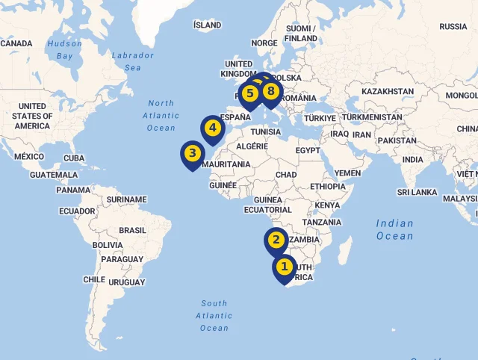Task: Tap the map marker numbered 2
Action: (x=276, y=240)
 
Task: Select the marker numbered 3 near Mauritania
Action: (x=192, y=155)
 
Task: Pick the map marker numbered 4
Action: (x=213, y=128)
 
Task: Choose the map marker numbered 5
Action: (x=249, y=94)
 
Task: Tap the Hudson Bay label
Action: (x=64, y=49)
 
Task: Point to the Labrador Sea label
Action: (x=133, y=61)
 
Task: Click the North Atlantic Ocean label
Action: (x=161, y=116)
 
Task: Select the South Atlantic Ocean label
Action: (x=214, y=315)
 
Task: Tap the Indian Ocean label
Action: (x=395, y=229)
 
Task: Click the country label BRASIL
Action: (x=133, y=231)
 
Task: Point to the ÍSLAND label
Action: (x=207, y=25)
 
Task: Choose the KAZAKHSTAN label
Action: (x=387, y=92)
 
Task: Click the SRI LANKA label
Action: (x=418, y=192)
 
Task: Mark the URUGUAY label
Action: (x=126, y=282)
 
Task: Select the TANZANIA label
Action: (x=322, y=223)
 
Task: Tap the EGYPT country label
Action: (x=307, y=151)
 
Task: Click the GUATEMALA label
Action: (x=54, y=175)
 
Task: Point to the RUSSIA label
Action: (x=453, y=27)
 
